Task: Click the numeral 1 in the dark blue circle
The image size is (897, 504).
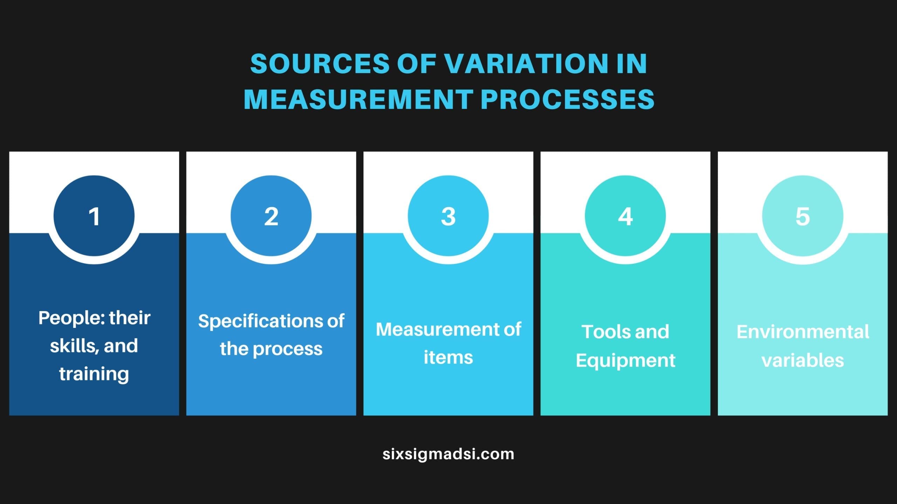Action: [94, 216]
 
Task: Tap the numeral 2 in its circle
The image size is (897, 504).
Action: [271, 216]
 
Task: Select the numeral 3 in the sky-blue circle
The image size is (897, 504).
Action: [448, 216]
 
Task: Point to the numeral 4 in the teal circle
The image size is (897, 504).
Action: [625, 216]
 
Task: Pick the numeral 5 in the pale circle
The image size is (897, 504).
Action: [803, 216]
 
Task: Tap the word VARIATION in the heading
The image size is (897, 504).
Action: [527, 64]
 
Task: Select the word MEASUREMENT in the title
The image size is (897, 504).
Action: [359, 99]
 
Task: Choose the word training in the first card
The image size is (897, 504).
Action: [94, 374]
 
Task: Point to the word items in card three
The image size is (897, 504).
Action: [448, 357]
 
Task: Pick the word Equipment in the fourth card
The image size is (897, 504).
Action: [625, 361]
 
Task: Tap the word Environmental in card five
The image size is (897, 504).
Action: [803, 331]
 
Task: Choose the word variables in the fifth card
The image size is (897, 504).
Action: [803, 360]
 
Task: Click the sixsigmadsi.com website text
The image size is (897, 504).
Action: [448, 454]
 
